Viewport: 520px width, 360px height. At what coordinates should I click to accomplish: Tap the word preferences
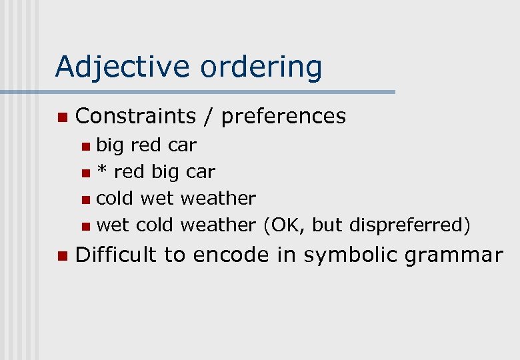(x=283, y=116)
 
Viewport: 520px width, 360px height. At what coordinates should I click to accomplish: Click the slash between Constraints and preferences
(x=209, y=116)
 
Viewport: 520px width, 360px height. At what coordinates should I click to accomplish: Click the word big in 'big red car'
(x=110, y=145)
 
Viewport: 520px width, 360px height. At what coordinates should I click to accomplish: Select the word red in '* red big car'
(x=129, y=172)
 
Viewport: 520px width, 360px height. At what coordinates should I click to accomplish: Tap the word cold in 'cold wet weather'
(x=115, y=198)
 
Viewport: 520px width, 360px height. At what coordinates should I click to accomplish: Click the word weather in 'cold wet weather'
(x=218, y=198)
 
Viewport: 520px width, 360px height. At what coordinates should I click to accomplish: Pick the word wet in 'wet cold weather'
(x=113, y=225)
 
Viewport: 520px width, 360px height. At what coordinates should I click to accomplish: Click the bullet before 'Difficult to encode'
(x=62, y=255)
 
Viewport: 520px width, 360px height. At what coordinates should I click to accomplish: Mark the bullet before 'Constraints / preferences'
(x=62, y=117)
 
